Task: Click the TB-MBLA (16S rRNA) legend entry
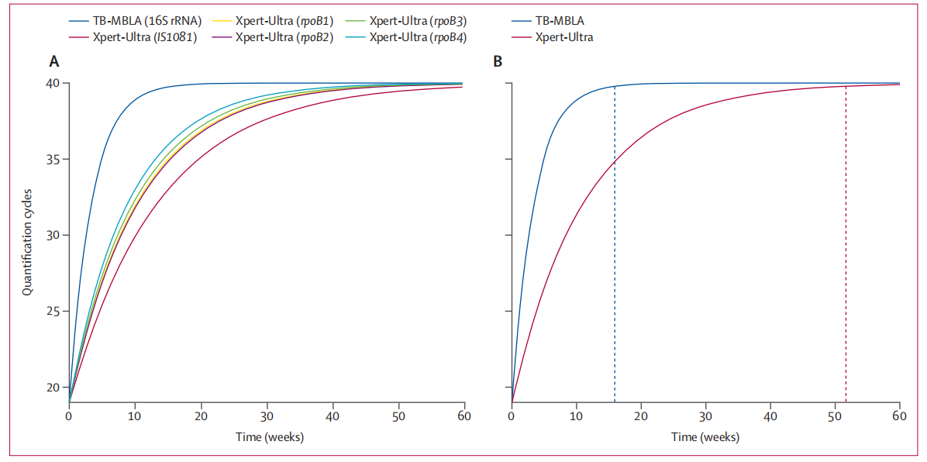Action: click(146, 22)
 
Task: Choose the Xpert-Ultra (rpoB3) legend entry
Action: click(419, 22)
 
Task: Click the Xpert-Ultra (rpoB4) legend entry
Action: click(419, 37)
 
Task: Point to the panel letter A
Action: click(54, 61)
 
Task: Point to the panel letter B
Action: click(498, 61)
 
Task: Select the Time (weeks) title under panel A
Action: click(270, 437)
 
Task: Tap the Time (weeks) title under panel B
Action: click(705, 437)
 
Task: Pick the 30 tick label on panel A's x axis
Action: click(267, 417)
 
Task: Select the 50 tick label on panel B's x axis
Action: click(835, 417)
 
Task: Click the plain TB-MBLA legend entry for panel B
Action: click(560, 22)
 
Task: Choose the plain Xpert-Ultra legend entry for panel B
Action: click(563, 37)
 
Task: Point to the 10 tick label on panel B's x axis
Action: click(576, 417)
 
